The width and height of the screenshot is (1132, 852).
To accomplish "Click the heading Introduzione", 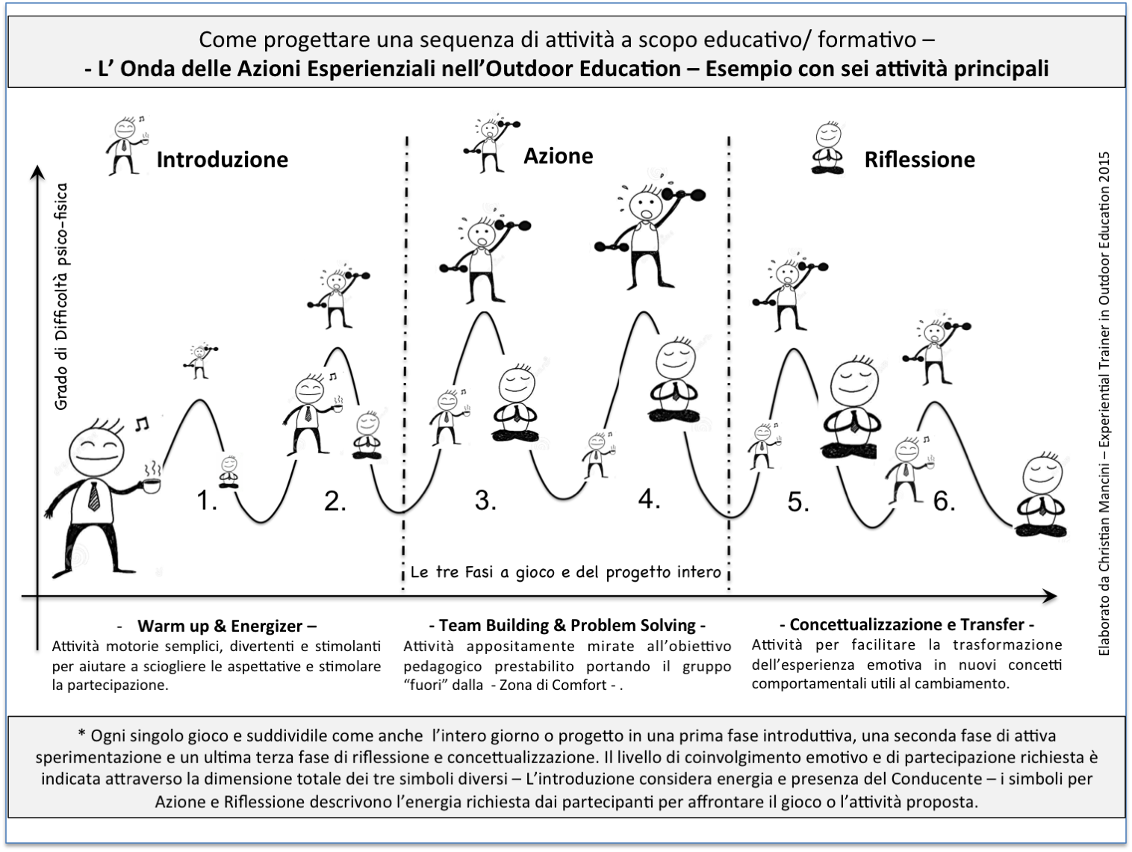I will pos(222,159).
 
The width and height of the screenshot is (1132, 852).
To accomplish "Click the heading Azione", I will pos(558,155).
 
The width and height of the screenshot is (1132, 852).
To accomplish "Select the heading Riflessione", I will pos(919,159).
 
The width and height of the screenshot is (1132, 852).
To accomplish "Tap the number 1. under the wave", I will pos(207,501).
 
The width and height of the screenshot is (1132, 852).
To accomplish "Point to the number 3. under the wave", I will pos(485,500).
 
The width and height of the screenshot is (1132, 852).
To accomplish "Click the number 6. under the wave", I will pos(945,501).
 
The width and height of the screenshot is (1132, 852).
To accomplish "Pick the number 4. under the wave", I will pos(649,498).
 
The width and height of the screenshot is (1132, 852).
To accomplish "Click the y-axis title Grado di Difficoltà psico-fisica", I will pos(61,296).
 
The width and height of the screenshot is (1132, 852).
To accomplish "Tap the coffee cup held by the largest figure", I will pos(152,485).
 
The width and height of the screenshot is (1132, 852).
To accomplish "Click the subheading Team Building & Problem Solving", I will pos(567,625).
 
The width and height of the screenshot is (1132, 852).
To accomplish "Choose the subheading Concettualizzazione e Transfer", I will pos(906,624).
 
